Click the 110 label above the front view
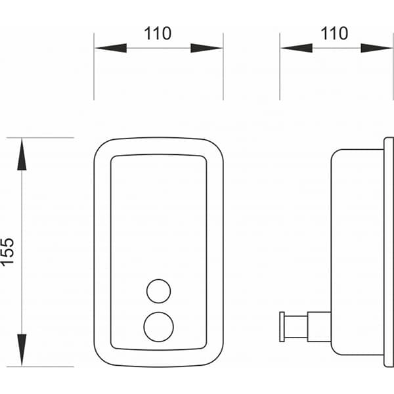pyautogui.click(x=158, y=33)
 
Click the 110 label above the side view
pyautogui.click(x=334, y=33)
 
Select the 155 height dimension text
pyautogui.click(x=7, y=252)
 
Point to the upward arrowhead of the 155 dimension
pyautogui.click(x=22, y=154)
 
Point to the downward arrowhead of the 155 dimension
pyautogui.click(x=22, y=350)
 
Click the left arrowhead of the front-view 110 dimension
pyautogui.click(x=110, y=48)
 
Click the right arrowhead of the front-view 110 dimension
pyautogui.click(x=207, y=48)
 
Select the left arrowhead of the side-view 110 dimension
pyautogui.click(x=297, y=48)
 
